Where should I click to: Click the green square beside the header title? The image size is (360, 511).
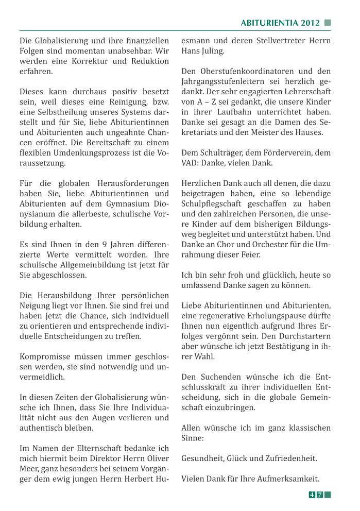point(328,23)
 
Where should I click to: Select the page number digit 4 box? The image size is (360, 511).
point(312,495)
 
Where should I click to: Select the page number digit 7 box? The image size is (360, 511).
point(320,495)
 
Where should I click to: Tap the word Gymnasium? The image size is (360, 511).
point(121,204)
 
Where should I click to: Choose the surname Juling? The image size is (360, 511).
point(212,51)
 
